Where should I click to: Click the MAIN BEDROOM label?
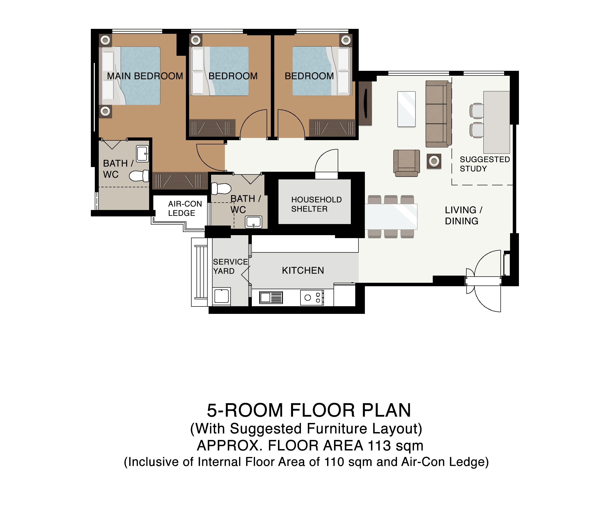pyautogui.click(x=145, y=76)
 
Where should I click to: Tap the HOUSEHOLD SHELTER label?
pyautogui.click(x=316, y=204)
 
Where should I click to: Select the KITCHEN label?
pyautogui.click(x=303, y=271)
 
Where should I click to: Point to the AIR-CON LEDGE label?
pyautogui.click(x=185, y=209)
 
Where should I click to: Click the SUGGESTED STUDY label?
pyautogui.click(x=485, y=164)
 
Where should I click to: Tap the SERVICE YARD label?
pyautogui.click(x=230, y=266)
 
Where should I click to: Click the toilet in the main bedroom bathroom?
pyautogui.click(x=139, y=176)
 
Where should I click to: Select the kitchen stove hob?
pyautogui.click(x=312, y=298)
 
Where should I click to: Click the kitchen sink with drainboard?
pyautogui.click(x=271, y=298)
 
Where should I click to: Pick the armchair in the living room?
pyautogui.click(x=407, y=163)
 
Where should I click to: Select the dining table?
pyautogui.click(x=391, y=217)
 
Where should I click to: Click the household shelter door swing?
pyautogui.click(x=326, y=162)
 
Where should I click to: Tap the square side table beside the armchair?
pyautogui.click(x=434, y=161)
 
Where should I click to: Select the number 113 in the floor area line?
pyautogui.click(x=379, y=446)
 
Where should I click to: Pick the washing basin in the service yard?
pyautogui.click(x=221, y=296)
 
